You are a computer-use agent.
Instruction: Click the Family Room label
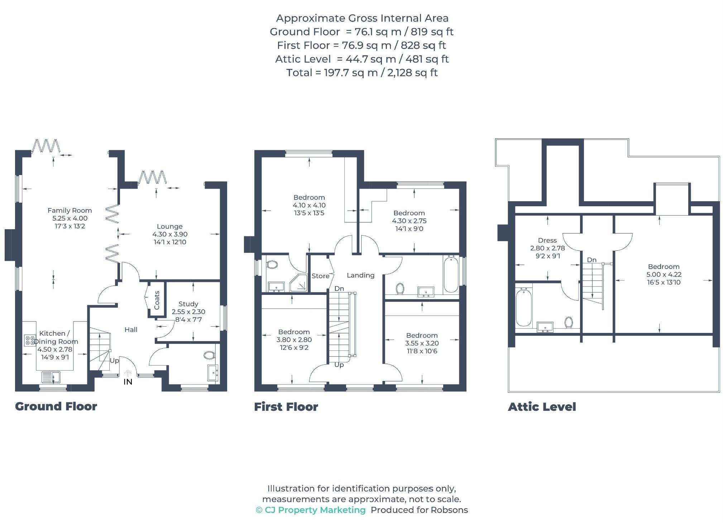70,211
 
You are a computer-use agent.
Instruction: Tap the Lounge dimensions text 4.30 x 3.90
170,234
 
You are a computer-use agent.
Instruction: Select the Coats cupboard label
157,300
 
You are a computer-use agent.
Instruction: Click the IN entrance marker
128,382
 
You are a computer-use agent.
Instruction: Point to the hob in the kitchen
30,340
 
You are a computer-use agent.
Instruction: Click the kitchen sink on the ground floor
52,377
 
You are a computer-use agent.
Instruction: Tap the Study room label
188,304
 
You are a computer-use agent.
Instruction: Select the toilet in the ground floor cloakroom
209,355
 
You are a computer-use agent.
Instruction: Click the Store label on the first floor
320,276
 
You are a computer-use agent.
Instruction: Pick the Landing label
360,275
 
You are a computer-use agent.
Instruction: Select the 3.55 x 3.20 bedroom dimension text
422,343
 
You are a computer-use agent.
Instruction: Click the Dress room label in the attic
547,240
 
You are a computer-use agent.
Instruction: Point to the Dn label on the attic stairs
592,260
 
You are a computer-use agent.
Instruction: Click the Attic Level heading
542,407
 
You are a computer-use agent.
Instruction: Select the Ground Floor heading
56,406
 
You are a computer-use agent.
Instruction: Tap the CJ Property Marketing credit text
315,510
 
